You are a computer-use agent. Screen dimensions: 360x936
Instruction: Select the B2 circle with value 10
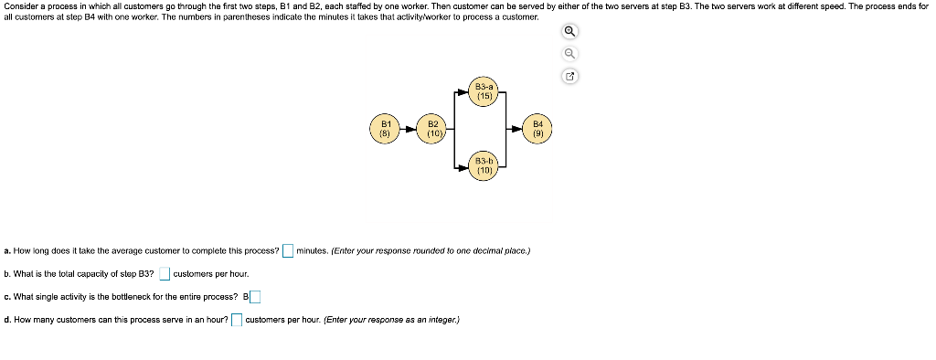433,128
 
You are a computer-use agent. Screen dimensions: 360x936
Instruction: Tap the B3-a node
484,90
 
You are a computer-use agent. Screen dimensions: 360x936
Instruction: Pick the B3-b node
484,165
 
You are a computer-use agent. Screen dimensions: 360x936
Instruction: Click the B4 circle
538,128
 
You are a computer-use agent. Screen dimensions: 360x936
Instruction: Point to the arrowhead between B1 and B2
409,129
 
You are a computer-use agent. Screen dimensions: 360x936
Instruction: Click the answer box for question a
288,250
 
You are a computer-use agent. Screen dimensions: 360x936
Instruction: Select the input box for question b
165,273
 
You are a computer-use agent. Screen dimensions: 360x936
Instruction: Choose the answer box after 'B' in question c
255,296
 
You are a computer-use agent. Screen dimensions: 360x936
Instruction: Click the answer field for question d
236,320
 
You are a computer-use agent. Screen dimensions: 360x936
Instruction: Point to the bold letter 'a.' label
7,250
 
